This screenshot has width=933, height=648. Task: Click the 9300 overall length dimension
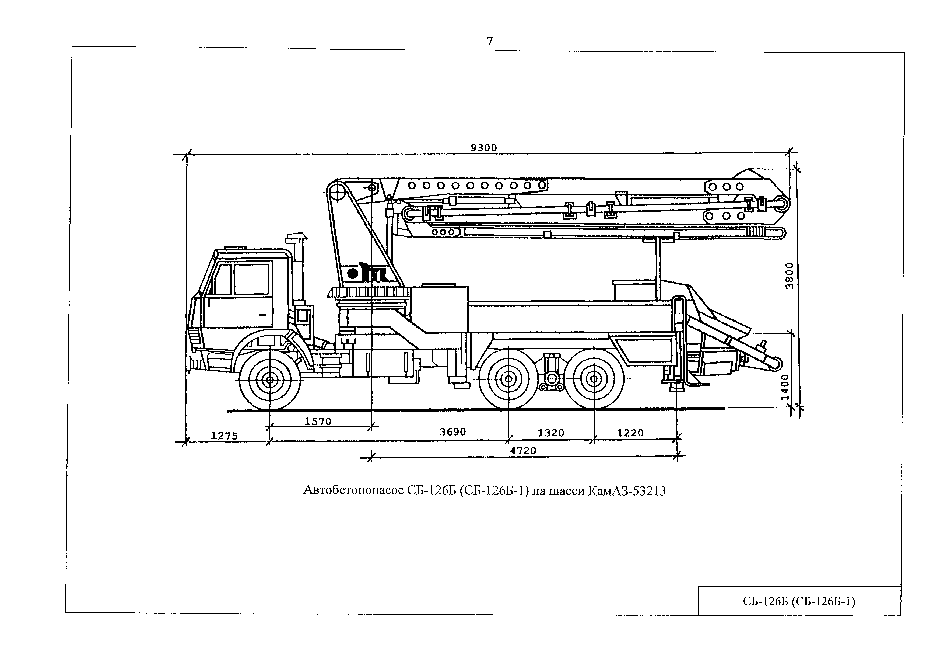(x=483, y=148)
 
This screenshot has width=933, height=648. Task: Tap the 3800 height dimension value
(x=789, y=276)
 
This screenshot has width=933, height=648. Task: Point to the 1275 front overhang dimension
(x=224, y=436)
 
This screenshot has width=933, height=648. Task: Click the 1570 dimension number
(x=318, y=421)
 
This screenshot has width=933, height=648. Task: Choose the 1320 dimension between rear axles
(x=551, y=433)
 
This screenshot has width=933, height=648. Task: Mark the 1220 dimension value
(x=630, y=433)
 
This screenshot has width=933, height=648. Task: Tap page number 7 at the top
(x=489, y=42)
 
